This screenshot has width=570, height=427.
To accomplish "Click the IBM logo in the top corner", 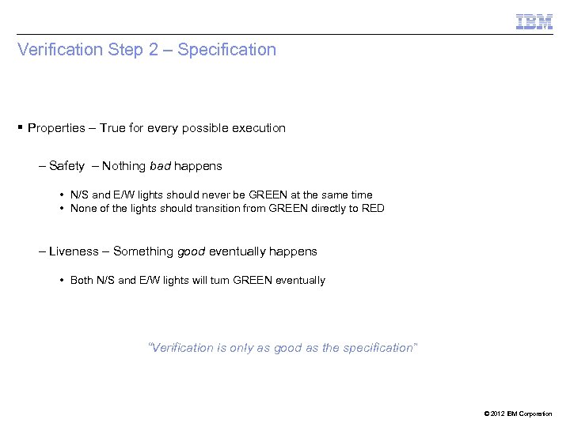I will (534, 21).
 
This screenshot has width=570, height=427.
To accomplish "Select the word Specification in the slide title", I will (227, 50).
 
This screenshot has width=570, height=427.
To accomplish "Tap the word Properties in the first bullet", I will (57, 127).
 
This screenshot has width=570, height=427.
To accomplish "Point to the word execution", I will (258, 127).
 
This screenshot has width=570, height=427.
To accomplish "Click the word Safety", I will (66, 166).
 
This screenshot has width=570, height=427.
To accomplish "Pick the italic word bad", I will (159, 166).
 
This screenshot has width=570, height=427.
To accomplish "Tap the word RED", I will (372, 209).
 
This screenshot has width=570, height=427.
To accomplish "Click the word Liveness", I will (74, 251).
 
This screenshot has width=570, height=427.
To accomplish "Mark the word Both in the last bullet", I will (82, 280).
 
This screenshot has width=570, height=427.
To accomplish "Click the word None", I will (83, 209).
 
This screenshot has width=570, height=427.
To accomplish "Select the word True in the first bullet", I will (113, 127).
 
